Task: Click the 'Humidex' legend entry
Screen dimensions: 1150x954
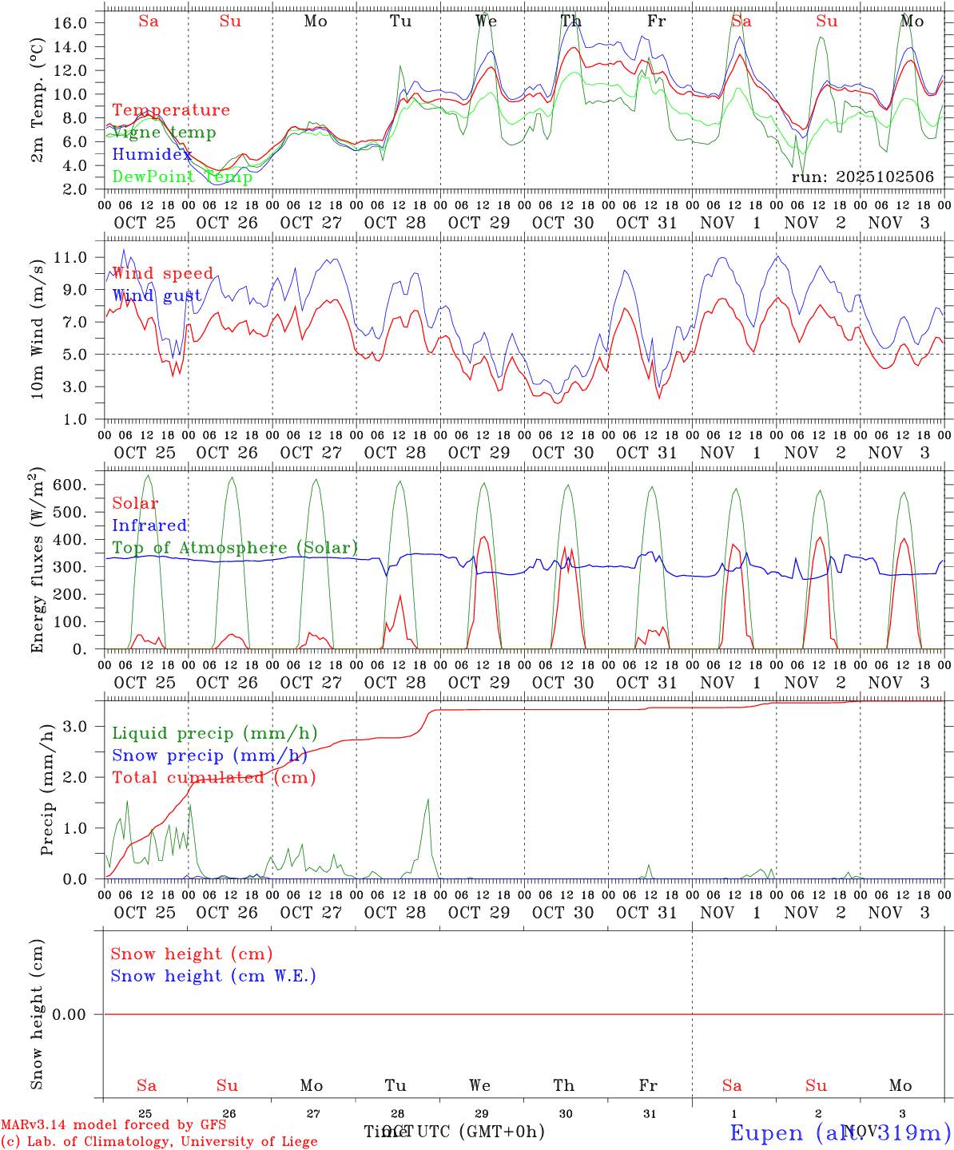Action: click(x=152, y=155)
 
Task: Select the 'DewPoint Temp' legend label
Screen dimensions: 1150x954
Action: click(x=182, y=177)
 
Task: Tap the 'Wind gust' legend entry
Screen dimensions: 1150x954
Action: click(x=157, y=295)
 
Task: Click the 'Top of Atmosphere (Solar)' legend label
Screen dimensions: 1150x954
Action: click(x=235, y=548)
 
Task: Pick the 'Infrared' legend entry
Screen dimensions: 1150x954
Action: click(x=149, y=525)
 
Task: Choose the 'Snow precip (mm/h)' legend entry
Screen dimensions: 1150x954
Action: click(x=210, y=755)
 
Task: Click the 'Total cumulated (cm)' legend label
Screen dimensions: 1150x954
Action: click(x=213, y=778)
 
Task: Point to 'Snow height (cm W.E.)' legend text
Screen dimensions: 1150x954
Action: click(x=213, y=976)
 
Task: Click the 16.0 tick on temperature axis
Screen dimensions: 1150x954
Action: click(x=70, y=22)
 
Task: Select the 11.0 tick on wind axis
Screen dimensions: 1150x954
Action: click(x=70, y=257)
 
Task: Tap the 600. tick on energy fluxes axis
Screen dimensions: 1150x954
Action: click(x=69, y=485)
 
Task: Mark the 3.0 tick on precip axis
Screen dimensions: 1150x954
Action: click(x=76, y=726)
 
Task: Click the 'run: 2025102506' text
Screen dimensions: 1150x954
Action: click(x=862, y=177)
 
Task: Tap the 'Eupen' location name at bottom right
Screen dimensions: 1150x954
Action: click(x=767, y=1132)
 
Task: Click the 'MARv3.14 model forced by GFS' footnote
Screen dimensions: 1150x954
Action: click(x=113, y=1124)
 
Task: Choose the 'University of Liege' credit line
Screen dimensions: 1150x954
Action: click(x=248, y=1142)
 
